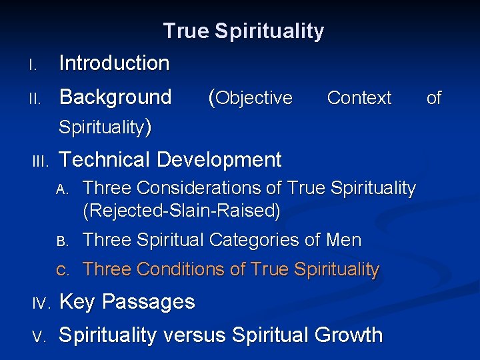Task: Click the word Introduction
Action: pos(114,63)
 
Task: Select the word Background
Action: pos(115,97)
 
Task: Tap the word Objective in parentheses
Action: pos(254,98)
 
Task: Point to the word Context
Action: pos(359,98)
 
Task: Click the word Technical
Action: pos(104,160)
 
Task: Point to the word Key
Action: pos(76,302)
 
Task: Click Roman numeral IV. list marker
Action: pos(39,303)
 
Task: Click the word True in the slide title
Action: pos(186,31)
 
